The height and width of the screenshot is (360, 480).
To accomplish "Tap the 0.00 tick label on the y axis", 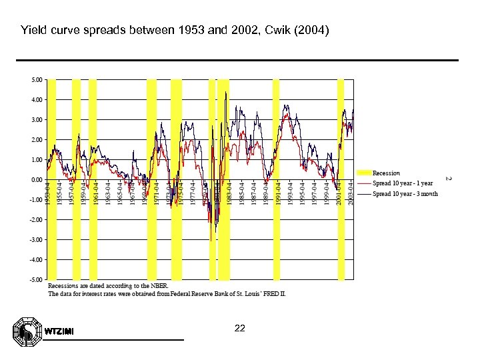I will [37, 179].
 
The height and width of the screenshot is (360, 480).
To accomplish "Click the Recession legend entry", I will [386, 173].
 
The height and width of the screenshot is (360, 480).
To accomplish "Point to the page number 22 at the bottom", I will [241, 329].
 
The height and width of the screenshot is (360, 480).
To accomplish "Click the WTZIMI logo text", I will [59, 332].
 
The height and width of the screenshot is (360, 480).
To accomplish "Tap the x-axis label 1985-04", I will [241, 192].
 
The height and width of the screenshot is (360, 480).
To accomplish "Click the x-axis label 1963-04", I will [109, 192].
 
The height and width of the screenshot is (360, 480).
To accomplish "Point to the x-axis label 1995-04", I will [302, 192].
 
